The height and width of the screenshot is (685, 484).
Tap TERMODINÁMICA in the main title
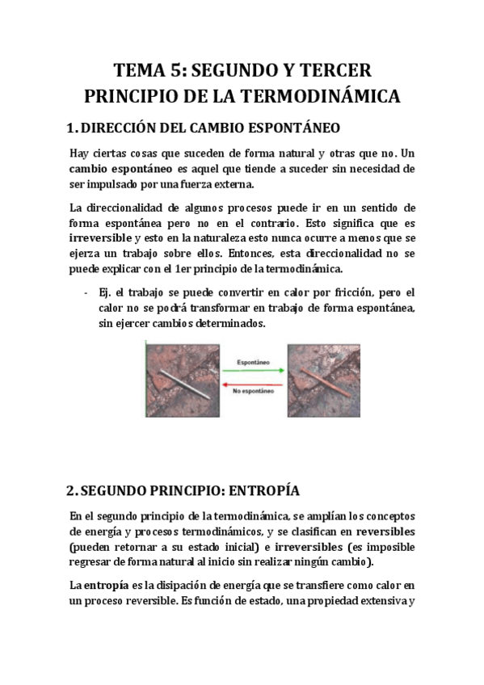click(x=322, y=96)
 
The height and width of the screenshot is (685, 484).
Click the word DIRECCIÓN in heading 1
click(x=124, y=128)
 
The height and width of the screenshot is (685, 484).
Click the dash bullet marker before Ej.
click(x=86, y=292)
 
